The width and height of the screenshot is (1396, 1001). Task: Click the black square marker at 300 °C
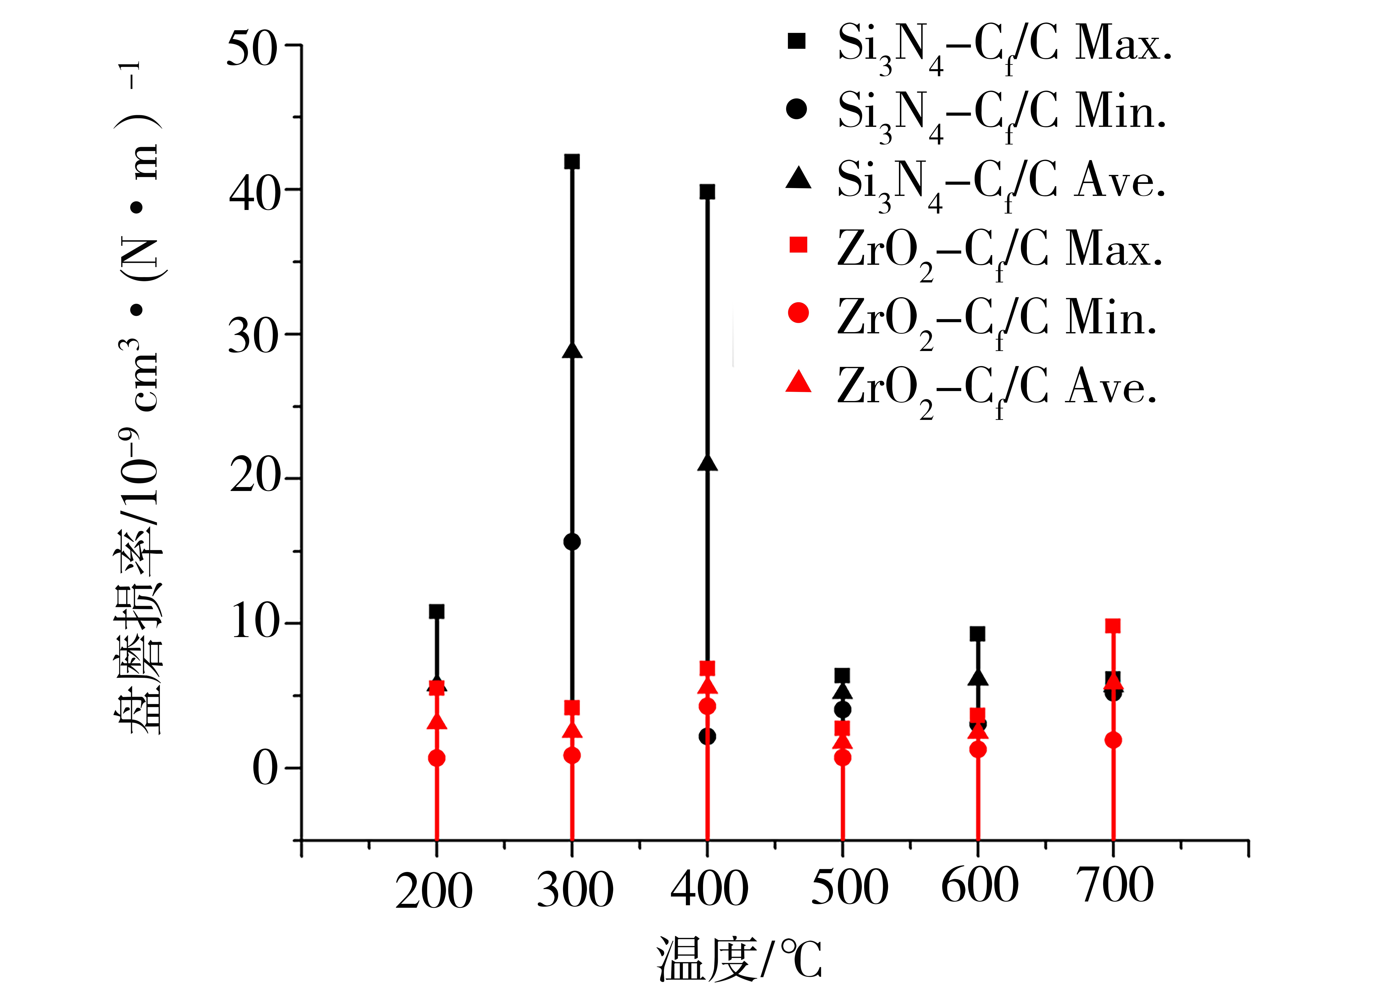tap(572, 162)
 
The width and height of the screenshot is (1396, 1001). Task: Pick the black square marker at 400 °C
tap(707, 192)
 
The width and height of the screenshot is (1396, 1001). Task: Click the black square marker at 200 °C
tap(436, 612)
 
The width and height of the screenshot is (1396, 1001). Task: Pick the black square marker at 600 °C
tap(977, 634)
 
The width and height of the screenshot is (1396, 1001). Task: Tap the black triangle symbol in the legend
tap(798, 178)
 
